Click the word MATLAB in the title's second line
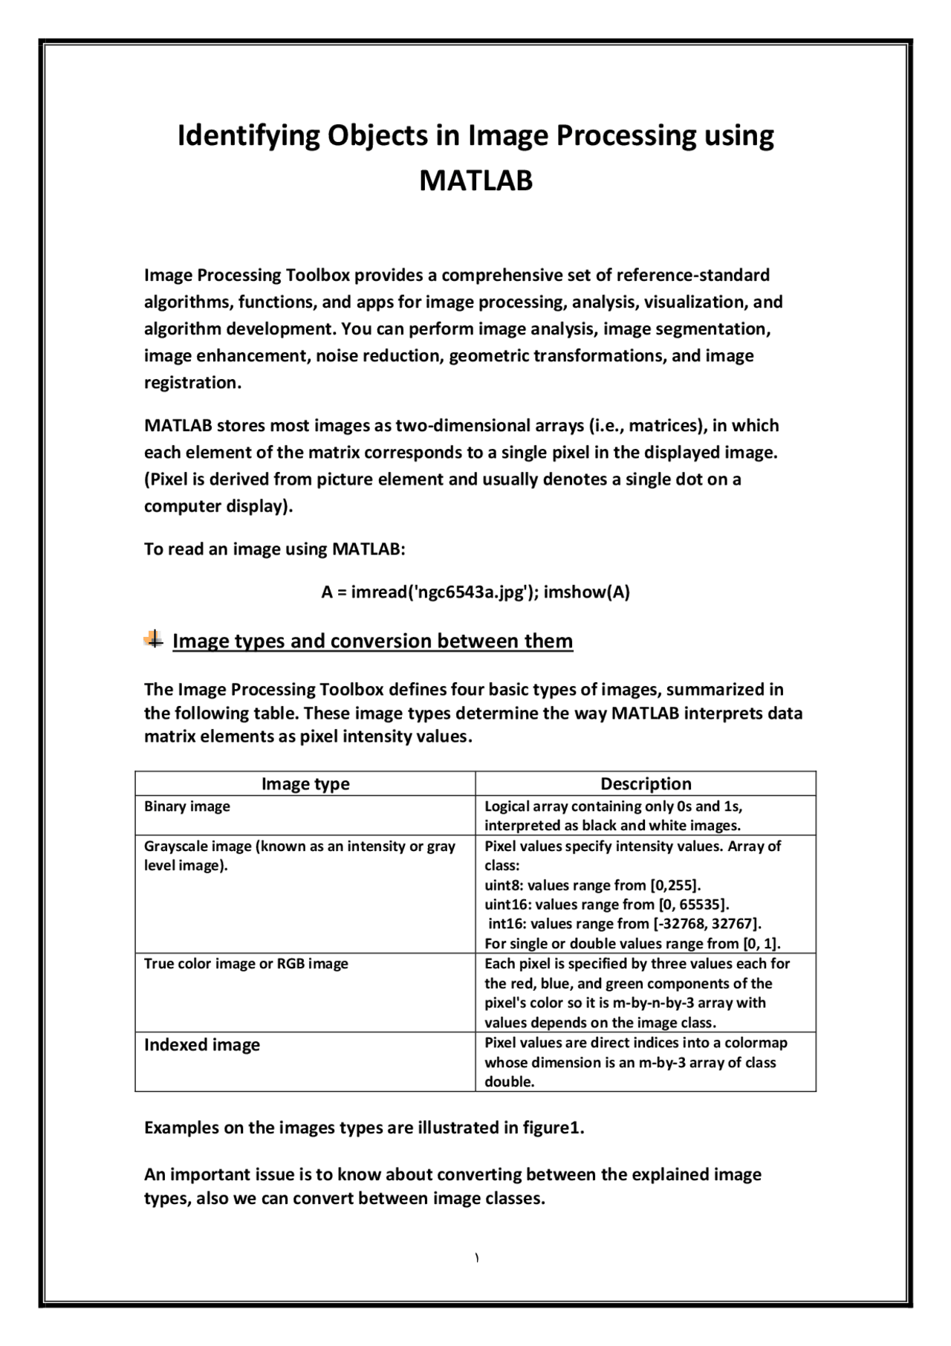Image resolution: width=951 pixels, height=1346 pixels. click(475, 181)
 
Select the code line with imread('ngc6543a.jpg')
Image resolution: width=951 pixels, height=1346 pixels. click(475, 592)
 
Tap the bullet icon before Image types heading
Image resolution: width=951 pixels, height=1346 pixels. click(154, 639)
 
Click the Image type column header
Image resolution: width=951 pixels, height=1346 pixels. click(305, 783)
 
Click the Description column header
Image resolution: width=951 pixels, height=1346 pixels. click(645, 783)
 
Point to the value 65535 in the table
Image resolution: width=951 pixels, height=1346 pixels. click(700, 905)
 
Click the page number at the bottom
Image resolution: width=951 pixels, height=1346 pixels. click(475, 1258)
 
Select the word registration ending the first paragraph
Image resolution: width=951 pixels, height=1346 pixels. click(191, 383)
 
